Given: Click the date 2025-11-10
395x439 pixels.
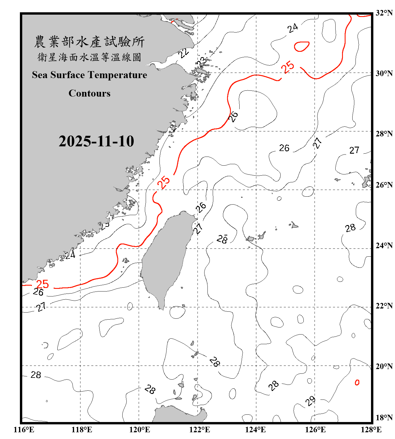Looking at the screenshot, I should pos(96,141).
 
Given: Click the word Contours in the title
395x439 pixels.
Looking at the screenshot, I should pos(90,93).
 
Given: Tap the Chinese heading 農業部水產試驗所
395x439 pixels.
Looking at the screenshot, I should pos(89,42).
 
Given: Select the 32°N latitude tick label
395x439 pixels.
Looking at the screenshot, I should pos(384,13).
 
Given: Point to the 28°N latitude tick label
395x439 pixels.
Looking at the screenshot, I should pos(384,134).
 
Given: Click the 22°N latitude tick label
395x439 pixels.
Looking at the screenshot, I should pos(384,306).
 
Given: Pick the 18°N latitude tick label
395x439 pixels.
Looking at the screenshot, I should pos(384,418).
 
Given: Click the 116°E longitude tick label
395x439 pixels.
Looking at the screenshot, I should pos(24,430).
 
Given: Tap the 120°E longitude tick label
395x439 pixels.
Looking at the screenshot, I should pos(140,430).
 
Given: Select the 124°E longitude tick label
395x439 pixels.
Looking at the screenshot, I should pos(255,430).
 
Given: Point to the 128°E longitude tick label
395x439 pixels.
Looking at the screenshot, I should pos(371,430).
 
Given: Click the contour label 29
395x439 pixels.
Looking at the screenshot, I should pos(310,401).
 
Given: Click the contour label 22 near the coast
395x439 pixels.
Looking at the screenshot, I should pos(183,53).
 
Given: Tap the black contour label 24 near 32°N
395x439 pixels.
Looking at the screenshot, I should pos(292,28).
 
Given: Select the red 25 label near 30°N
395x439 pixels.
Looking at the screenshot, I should pos(287,67).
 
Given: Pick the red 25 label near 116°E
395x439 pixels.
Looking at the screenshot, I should pos(42,284).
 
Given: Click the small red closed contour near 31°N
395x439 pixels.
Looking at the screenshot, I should pos(301,46).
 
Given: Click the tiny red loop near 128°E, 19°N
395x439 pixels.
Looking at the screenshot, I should pos(357,382).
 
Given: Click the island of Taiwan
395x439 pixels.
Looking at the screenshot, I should pos(165,258).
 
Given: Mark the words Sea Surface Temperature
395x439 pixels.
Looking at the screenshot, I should pos(89,75).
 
